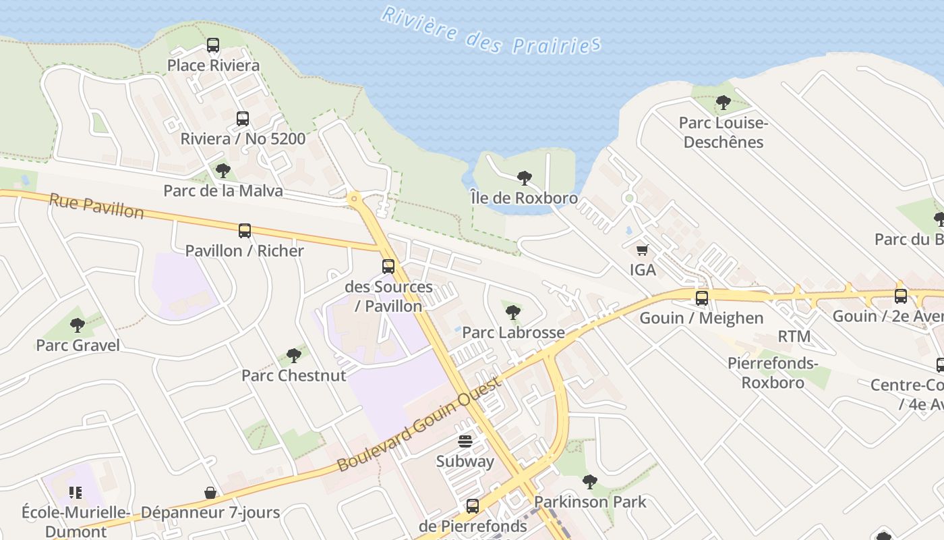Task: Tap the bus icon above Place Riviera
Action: pos(213,45)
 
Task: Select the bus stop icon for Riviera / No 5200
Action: pos(243,119)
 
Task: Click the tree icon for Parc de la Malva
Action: pos(223,170)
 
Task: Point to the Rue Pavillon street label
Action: pos(96,206)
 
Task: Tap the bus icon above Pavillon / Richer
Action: pos(245,231)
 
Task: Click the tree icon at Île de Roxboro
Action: pos(524,178)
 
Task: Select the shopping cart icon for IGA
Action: pos(643,250)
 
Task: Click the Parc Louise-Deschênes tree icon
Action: pos(724,103)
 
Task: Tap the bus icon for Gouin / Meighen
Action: pos(702,298)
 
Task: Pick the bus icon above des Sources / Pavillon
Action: pos(388,267)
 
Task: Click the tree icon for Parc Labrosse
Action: pos(513,312)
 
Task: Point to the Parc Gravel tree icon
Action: pos(78,325)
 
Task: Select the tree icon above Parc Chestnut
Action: pos(293,355)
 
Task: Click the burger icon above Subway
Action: pos(465,441)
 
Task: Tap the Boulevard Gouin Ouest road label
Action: pos(419,424)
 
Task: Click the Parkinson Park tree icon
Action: pos(590,481)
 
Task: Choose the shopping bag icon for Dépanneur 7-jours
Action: pos(210,493)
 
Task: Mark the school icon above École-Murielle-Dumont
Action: pos(75,493)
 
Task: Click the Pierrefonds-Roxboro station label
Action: pos(773,373)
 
